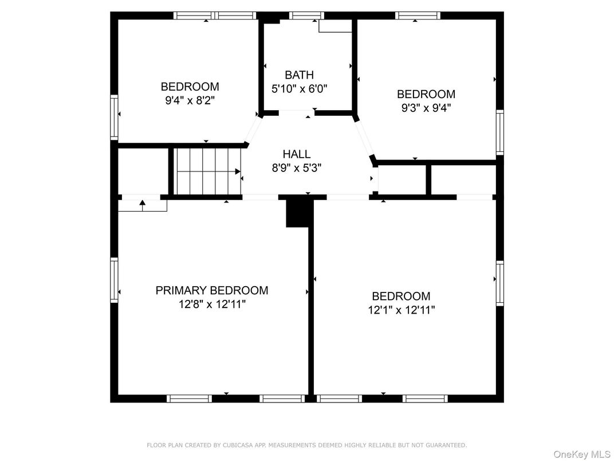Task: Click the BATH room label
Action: click(x=299, y=75)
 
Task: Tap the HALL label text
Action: click(x=297, y=154)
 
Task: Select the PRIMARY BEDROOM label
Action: click(x=212, y=291)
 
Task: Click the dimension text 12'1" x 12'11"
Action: click(x=402, y=310)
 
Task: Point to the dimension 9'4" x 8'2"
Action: click(x=190, y=101)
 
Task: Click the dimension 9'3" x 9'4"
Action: click(x=426, y=108)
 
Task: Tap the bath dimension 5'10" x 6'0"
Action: click(x=299, y=89)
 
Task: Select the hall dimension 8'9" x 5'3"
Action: click(x=297, y=168)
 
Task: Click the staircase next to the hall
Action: click(x=207, y=171)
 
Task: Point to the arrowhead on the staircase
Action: click(x=238, y=171)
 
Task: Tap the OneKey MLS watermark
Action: click(x=582, y=454)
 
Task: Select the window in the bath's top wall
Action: click(x=306, y=15)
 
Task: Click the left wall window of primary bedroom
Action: click(x=114, y=280)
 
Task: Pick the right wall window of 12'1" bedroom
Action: click(x=500, y=283)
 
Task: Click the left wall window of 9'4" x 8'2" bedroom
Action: click(x=114, y=117)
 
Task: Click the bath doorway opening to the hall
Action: click(x=297, y=114)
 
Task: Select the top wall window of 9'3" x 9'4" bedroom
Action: click(x=418, y=15)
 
